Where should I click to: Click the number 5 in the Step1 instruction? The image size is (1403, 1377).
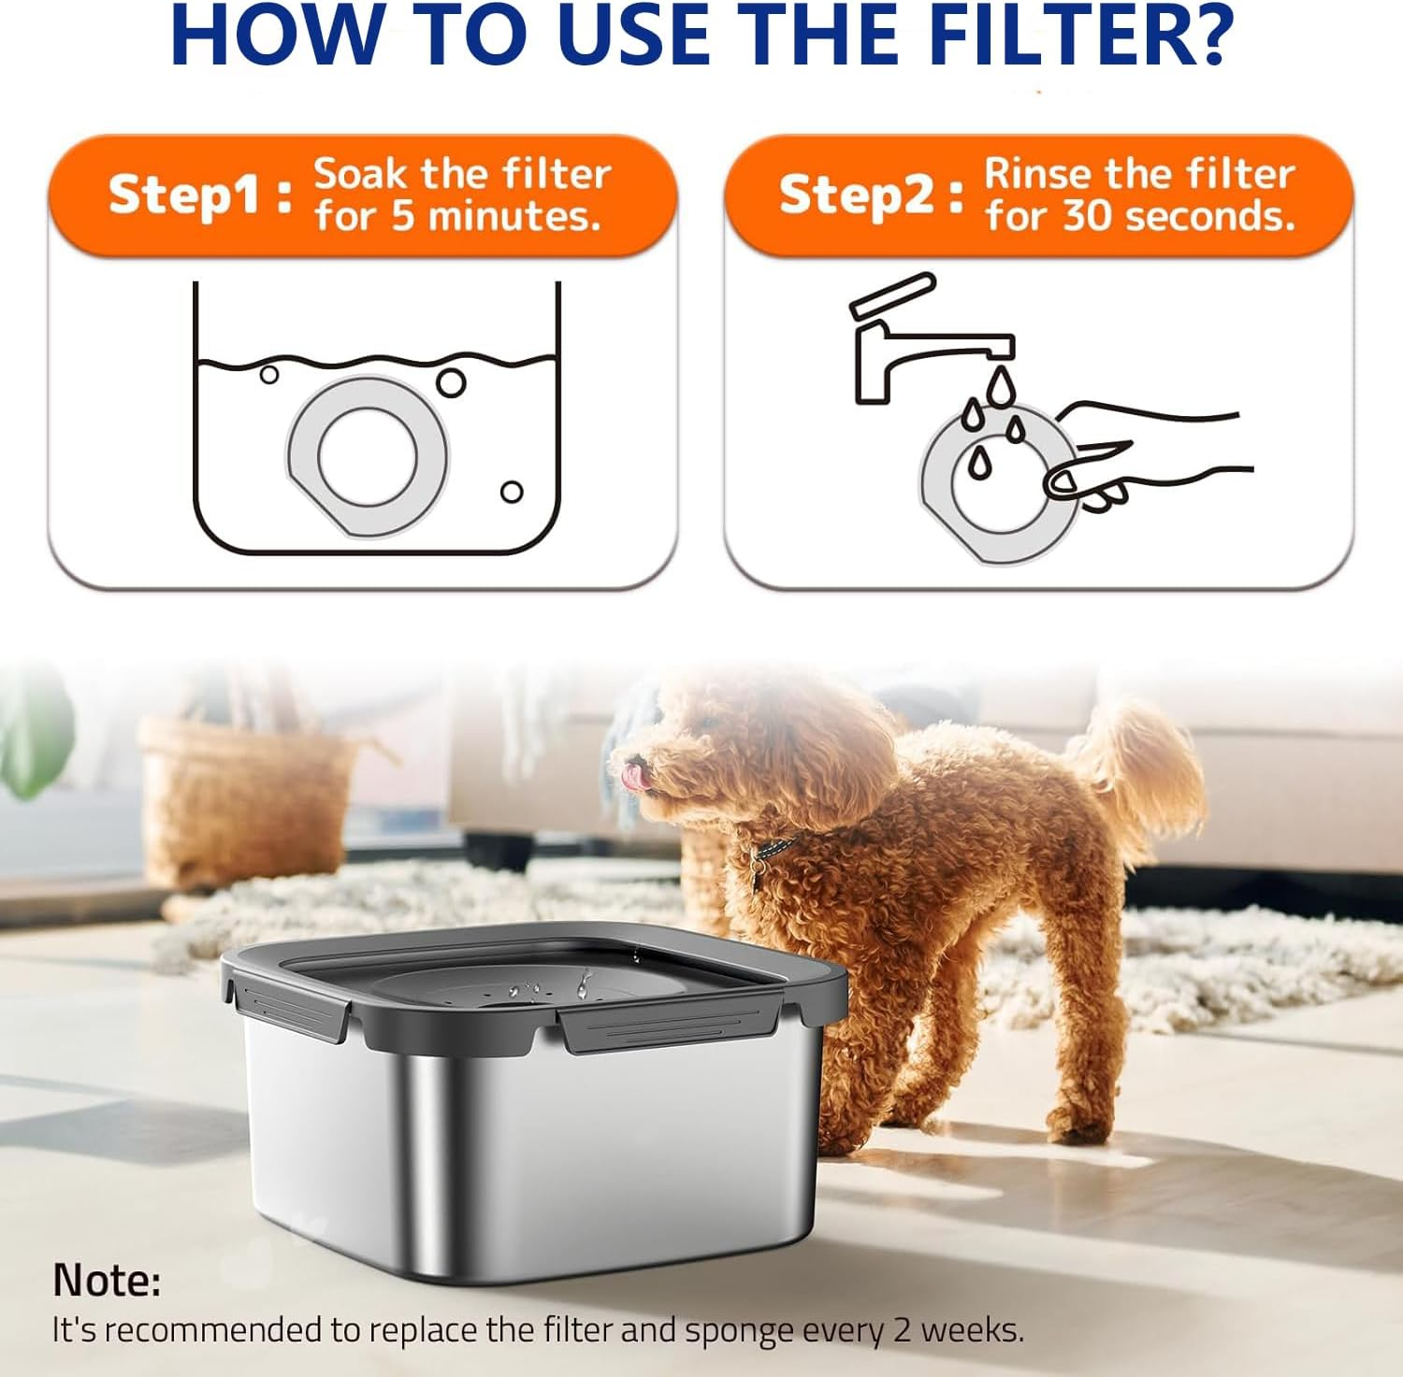coord(402,217)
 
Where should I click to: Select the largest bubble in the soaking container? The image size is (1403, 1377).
coord(451,380)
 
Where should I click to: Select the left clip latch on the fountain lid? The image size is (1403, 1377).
coord(290,1004)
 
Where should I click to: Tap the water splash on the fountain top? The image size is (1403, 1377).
coord(552,986)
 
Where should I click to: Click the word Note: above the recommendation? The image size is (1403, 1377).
coord(107,1280)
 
